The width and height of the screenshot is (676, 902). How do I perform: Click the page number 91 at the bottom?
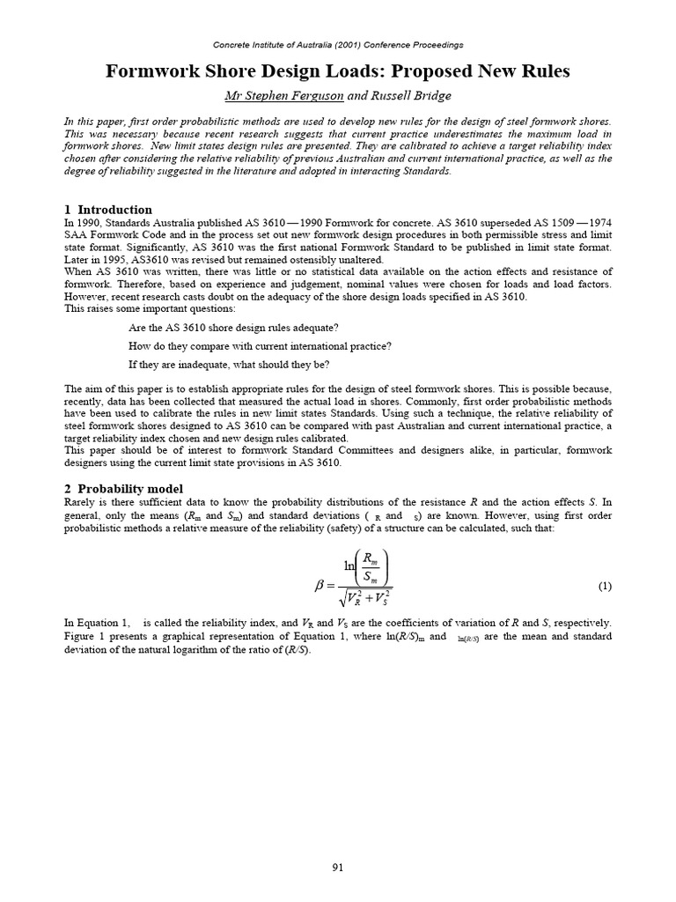coord(337,867)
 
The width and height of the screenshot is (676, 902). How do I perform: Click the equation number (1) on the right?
coord(605,585)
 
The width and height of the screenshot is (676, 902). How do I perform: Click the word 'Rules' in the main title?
coord(538,71)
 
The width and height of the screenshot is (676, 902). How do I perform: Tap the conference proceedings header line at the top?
coord(338,44)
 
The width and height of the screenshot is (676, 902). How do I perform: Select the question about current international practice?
coord(260,346)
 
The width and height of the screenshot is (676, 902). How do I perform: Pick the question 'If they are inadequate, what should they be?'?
coord(241,365)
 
